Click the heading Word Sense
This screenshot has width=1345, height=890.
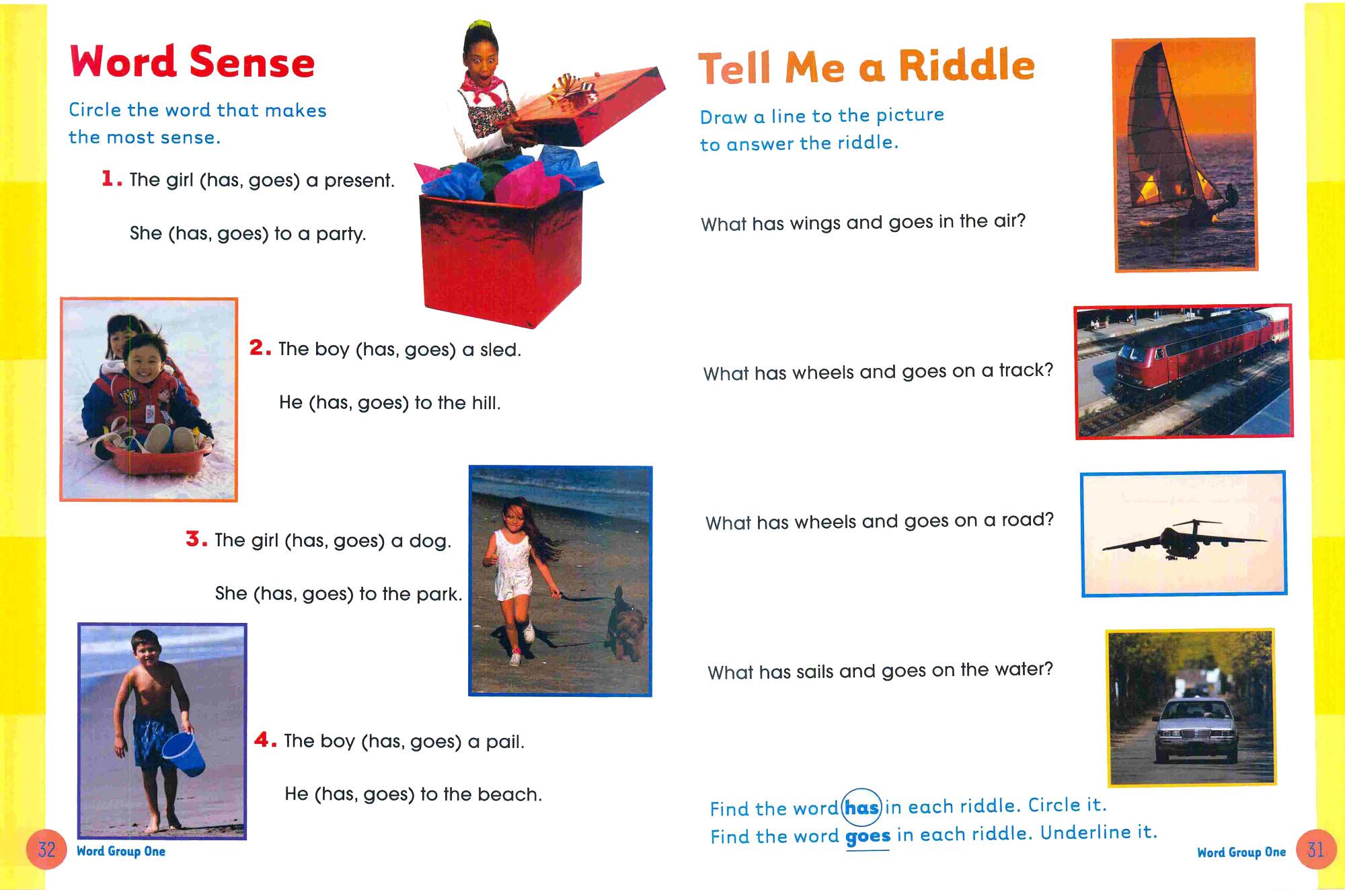click(192, 62)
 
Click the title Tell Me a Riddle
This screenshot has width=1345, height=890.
click(866, 67)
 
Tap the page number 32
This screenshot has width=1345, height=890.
click(46, 850)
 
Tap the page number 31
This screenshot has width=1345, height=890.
click(1315, 850)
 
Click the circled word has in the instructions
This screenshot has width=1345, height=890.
click(862, 807)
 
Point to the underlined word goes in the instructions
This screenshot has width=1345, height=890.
click(868, 836)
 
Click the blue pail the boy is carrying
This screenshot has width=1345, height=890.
click(184, 753)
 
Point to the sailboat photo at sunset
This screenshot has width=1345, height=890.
click(1186, 155)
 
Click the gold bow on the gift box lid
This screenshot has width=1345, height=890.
click(572, 90)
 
